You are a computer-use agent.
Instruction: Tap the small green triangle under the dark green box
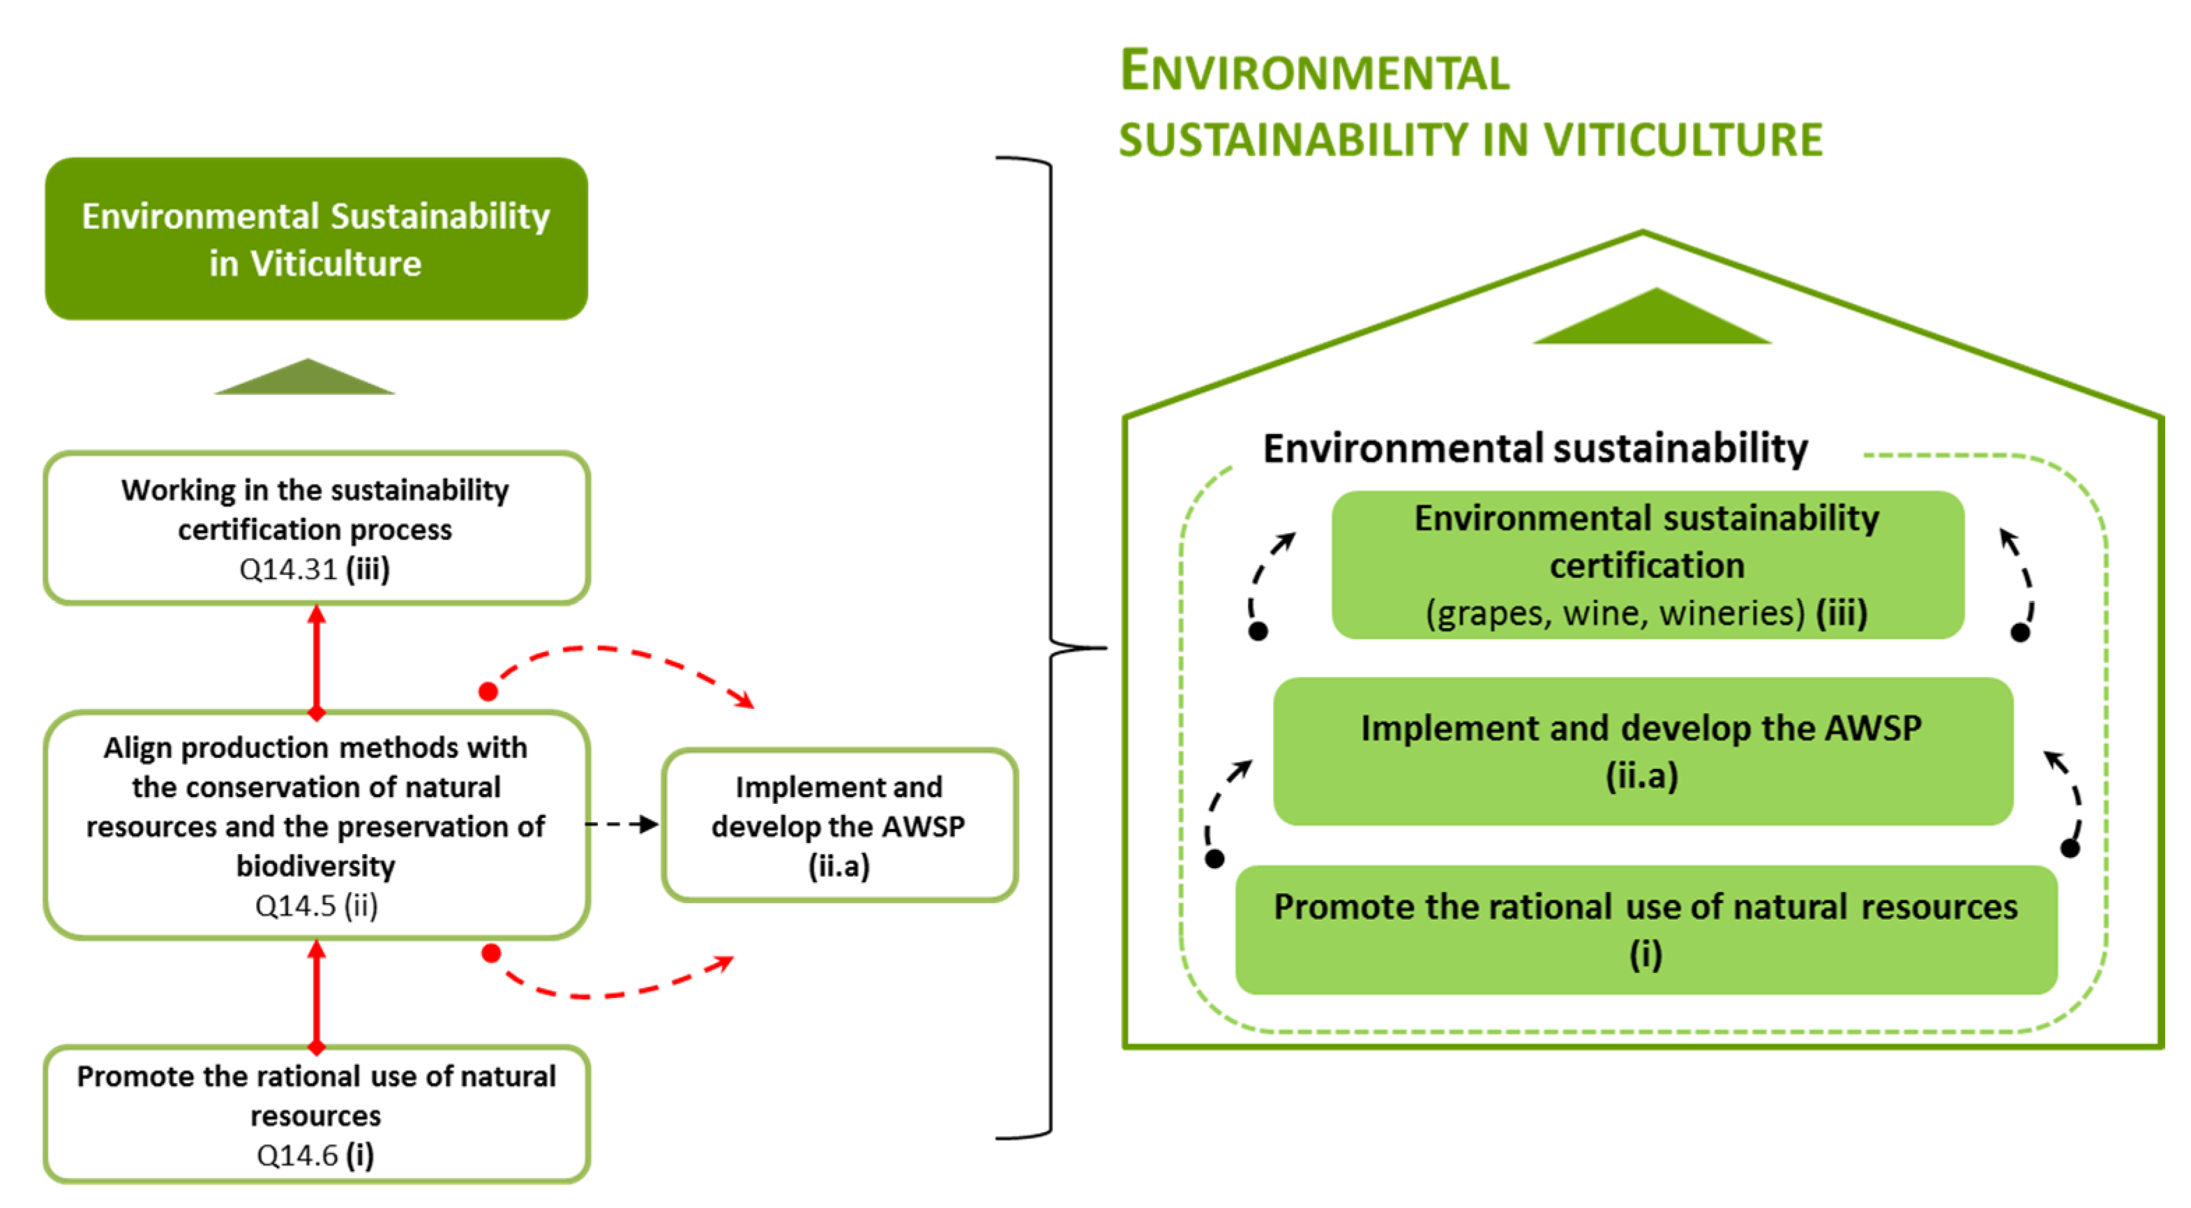click(305, 380)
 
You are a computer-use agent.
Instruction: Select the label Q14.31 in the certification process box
click(287, 569)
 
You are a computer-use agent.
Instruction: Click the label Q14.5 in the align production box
click(295, 905)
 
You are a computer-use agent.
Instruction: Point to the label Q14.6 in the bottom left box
click(297, 1155)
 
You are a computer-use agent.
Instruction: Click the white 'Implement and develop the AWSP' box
click(838, 825)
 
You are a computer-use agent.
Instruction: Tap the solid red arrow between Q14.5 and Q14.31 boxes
click(317, 659)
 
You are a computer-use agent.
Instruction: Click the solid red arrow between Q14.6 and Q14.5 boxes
click(317, 994)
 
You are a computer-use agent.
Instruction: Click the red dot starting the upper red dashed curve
click(488, 692)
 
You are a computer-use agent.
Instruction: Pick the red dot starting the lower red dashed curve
click(491, 953)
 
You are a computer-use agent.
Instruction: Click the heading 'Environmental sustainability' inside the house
click(1535, 448)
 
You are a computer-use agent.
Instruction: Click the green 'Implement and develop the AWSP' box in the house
click(1641, 750)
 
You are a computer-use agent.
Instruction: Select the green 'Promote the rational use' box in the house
click(1645, 929)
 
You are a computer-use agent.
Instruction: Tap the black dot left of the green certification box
click(1258, 632)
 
